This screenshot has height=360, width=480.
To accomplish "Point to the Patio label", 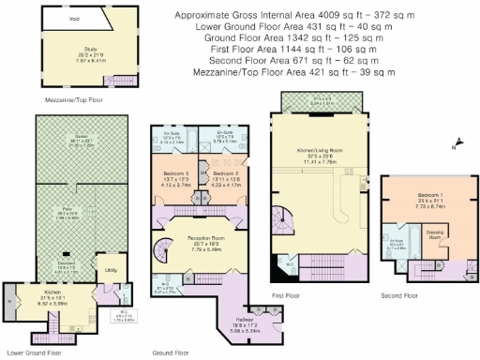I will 67,213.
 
